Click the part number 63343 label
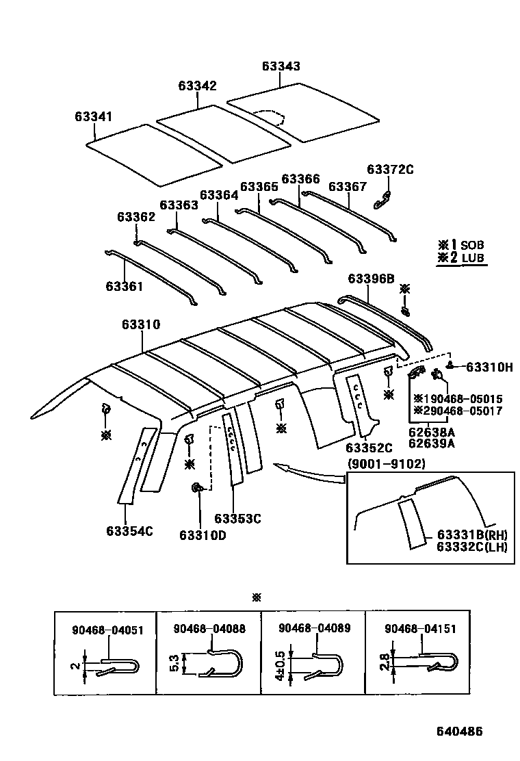click(281, 66)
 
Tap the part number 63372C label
click(390, 169)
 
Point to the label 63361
click(125, 286)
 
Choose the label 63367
click(348, 187)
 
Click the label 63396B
click(371, 279)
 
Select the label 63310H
click(489, 367)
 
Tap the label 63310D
click(203, 535)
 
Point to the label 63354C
click(129, 530)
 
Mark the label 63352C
click(369, 448)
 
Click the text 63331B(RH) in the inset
click(472, 534)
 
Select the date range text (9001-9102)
click(387, 463)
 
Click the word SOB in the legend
click(471, 245)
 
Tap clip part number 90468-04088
click(209, 629)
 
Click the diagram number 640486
click(460, 731)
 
